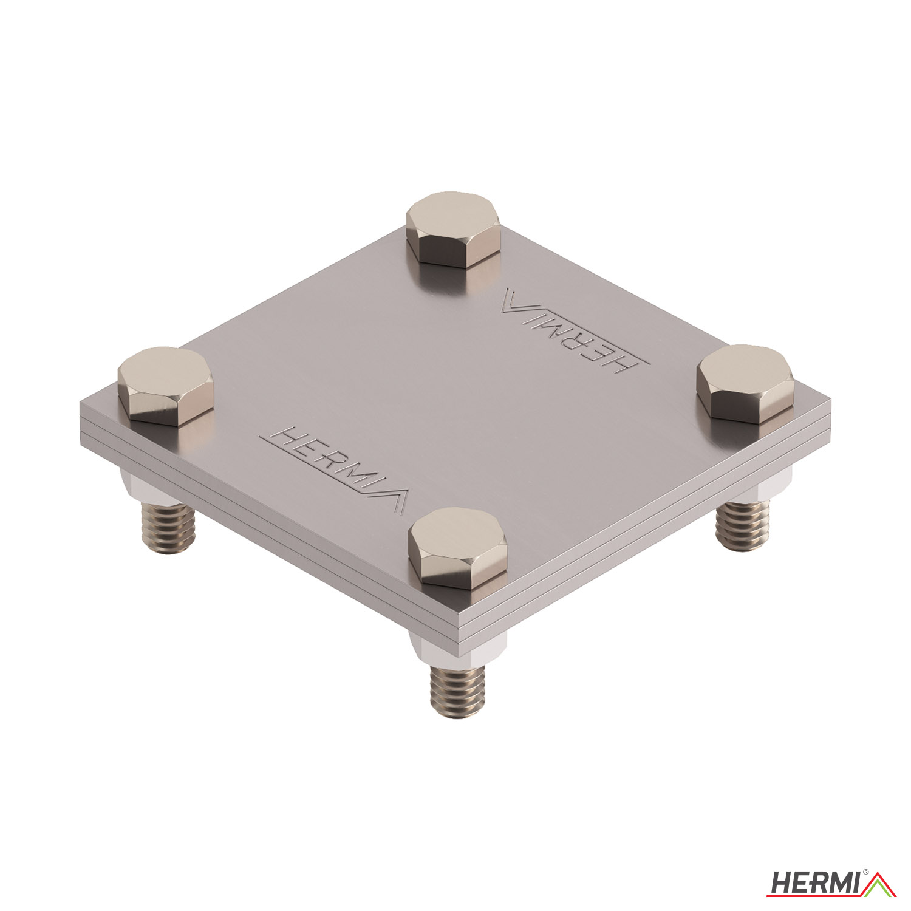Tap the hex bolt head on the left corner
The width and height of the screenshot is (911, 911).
pos(165,387)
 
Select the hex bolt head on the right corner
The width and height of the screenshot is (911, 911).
pos(745,384)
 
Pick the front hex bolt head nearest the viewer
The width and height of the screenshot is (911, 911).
pos(457,548)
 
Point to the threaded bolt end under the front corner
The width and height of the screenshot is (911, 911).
pos(458,692)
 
